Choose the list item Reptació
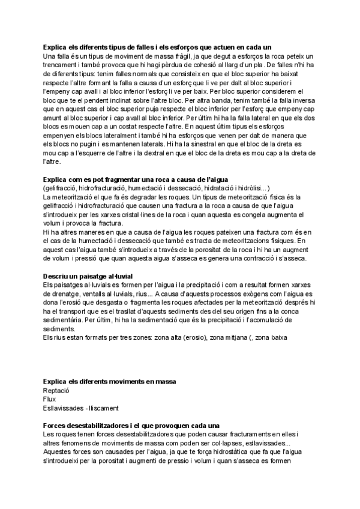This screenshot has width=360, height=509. [57, 390]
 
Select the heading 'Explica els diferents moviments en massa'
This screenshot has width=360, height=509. [113, 382]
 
